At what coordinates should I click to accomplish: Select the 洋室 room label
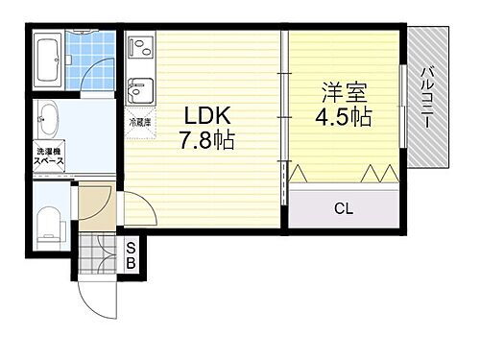(x=342, y=94)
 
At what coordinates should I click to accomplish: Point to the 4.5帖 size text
(x=342, y=118)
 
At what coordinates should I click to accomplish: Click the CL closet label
(x=342, y=208)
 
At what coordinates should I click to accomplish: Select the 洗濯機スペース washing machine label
(x=49, y=157)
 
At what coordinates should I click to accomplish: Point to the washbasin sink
(x=48, y=120)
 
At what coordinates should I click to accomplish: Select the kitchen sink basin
(x=140, y=91)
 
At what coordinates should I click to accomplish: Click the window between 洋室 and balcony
(x=401, y=106)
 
